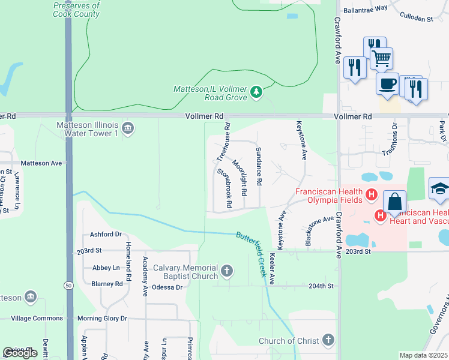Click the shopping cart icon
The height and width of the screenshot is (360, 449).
[x=382, y=58]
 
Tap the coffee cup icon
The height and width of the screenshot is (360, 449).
[x=387, y=83]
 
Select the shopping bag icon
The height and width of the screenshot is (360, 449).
[x=396, y=202]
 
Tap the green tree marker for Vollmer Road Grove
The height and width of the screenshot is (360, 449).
[x=256, y=91]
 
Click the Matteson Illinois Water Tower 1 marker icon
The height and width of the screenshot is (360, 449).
[x=127, y=127]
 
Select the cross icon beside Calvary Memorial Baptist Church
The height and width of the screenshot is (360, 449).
[x=227, y=271]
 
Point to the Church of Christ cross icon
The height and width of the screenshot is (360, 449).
[x=328, y=341]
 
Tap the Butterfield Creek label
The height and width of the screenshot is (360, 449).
[x=251, y=254]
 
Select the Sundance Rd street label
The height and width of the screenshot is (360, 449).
[x=259, y=166]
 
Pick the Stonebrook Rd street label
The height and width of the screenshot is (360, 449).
[x=224, y=187]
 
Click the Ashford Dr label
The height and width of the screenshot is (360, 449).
[x=106, y=235]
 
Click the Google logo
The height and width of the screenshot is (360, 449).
[x=20, y=353]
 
